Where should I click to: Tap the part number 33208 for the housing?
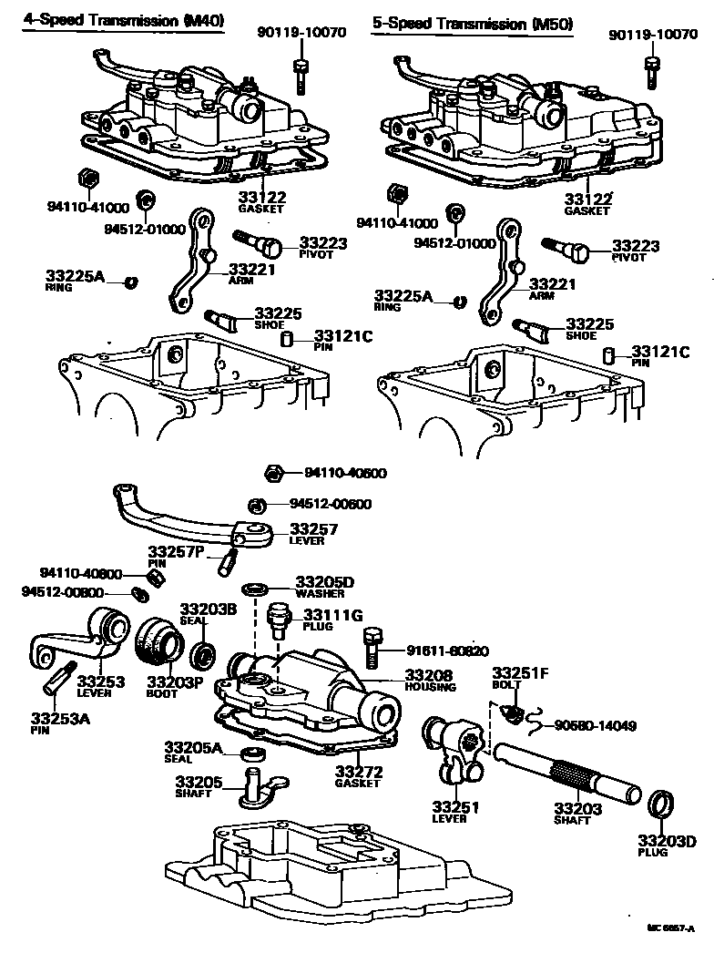428,675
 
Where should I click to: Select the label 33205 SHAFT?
193,786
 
